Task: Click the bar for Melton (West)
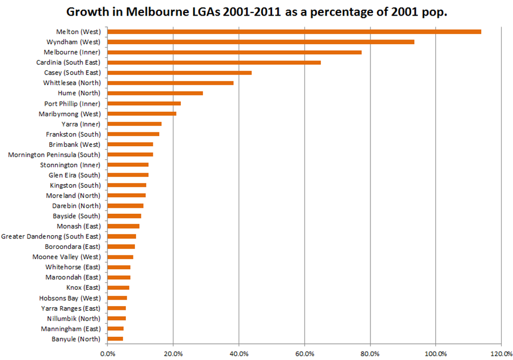[294, 32]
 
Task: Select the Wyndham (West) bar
[261, 42]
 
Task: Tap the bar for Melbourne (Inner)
[234, 52]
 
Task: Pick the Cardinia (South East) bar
[214, 63]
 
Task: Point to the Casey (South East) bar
[180, 72]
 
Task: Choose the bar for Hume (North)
[155, 93]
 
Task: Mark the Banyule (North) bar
[115, 339]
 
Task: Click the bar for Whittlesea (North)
[171, 83]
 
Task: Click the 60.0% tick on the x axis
[305, 354]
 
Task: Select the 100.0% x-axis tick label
[436, 354]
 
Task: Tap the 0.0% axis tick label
[107, 354]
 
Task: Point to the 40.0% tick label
[239, 354]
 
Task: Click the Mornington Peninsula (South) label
[55, 155]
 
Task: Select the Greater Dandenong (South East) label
[51, 236]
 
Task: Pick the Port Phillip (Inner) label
[72, 104]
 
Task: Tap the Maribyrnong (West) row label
[70, 114]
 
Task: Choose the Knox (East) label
[83, 288]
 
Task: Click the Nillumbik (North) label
[74, 318]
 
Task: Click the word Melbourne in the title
[157, 12]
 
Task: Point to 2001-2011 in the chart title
[252, 12]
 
